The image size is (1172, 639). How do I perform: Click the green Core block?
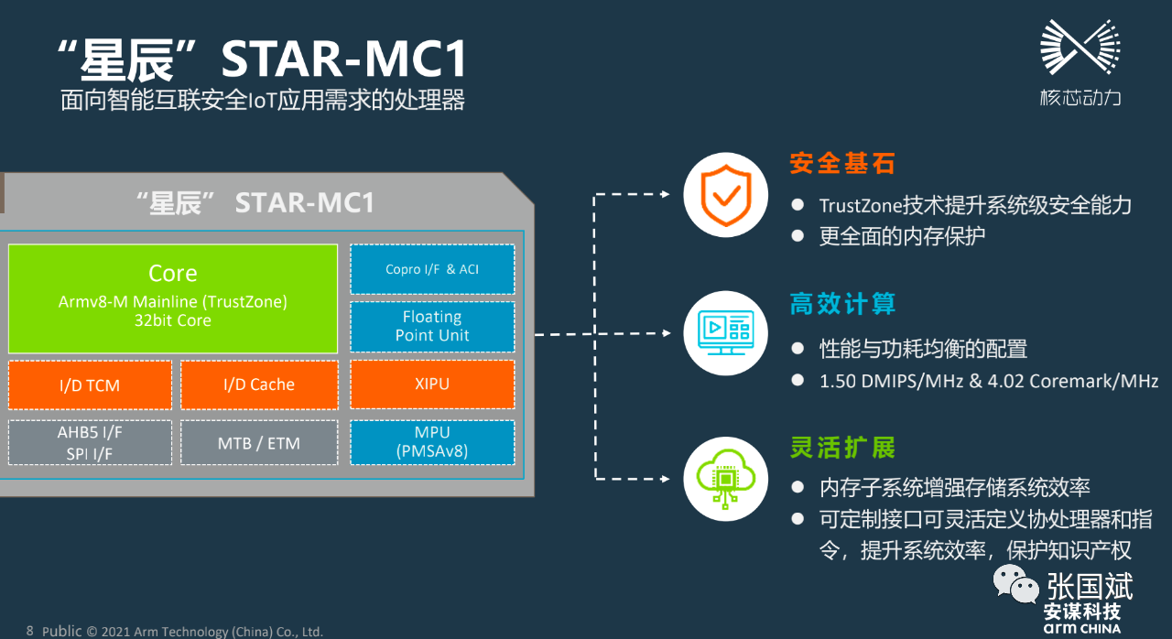point(172,298)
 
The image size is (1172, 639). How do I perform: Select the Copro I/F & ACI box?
point(432,269)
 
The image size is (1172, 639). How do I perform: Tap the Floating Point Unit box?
point(432,327)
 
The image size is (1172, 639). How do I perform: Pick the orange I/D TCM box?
point(90,385)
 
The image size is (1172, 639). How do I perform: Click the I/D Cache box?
point(259,385)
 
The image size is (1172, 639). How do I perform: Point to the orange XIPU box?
point(432,384)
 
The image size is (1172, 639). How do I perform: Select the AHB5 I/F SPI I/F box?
point(90,443)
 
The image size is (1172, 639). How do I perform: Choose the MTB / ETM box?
point(259,443)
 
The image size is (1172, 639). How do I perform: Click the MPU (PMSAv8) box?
point(432,442)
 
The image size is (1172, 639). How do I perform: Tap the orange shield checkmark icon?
point(726,195)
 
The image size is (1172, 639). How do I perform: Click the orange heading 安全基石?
point(842,164)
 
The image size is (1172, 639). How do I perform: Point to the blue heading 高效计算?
point(842,304)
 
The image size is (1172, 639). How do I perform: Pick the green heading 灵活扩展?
point(842,448)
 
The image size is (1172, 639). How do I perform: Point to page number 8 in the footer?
point(30,631)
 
